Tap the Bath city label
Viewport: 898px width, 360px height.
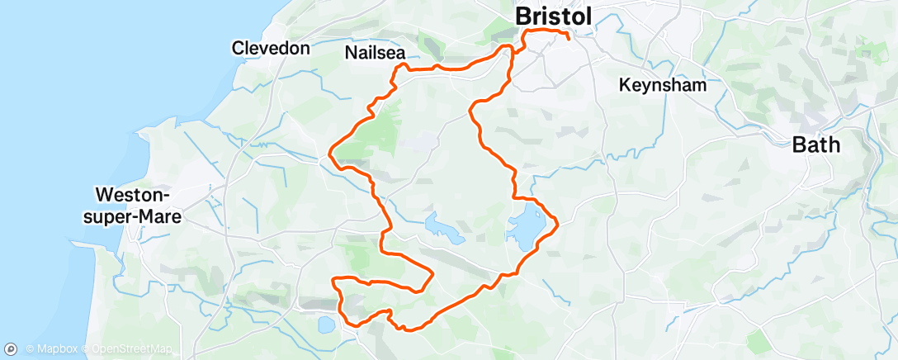click(815, 145)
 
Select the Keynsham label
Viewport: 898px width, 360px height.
click(663, 85)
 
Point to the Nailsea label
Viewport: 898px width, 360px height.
click(375, 54)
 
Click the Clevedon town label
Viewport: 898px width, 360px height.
click(271, 48)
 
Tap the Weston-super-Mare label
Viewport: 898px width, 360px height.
click(138, 206)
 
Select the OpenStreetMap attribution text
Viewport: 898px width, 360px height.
click(121, 349)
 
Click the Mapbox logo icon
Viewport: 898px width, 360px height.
click(11, 349)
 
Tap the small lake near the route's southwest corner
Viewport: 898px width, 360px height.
click(326, 325)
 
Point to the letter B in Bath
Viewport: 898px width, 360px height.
click(798, 145)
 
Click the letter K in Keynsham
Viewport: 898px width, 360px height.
click(624, 85)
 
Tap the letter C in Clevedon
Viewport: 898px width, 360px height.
click(237, 48)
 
